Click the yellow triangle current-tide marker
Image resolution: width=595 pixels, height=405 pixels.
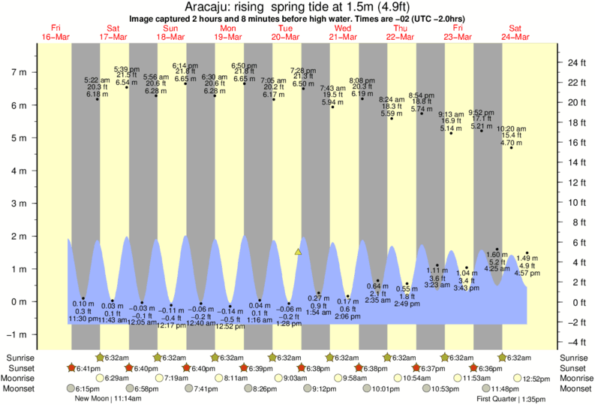(299, 252)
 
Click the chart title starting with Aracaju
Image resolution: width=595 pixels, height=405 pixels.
(296, 7)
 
